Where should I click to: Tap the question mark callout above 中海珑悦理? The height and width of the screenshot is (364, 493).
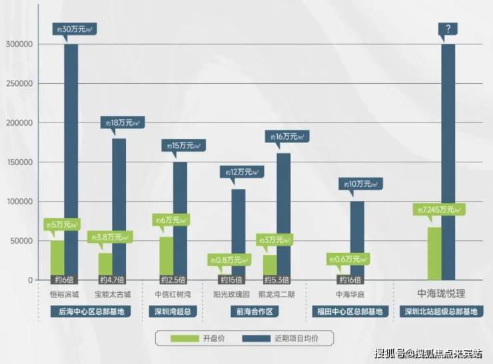click(x=447, y=29)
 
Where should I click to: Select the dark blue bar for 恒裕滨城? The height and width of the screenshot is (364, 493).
click(x=71, y=160)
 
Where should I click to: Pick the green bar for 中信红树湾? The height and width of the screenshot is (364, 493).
click(x=167, y=256)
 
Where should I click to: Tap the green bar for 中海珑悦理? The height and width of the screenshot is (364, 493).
click(x=434, y=253)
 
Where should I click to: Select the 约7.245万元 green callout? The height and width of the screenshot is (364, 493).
click(x=438, y=210)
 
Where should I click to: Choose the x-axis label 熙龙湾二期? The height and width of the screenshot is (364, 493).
click(x=275, y=293)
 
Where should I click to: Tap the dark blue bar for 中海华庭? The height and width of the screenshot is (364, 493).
click(x=357, y=240)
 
